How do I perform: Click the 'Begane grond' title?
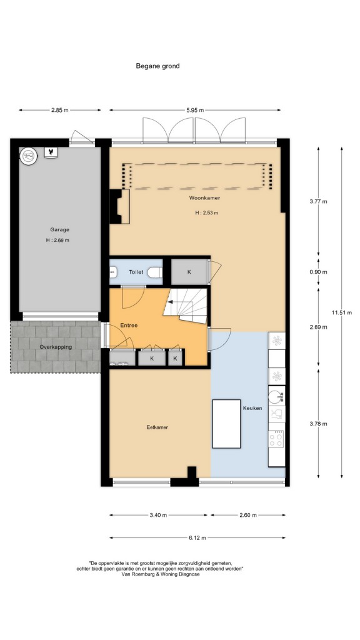[x=157, y=66]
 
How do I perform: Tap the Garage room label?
[x=59, y=230]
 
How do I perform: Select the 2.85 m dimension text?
[x=59, y=110]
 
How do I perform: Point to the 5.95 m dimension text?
[x=195, y=110]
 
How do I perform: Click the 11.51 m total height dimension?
[x=341, y=312]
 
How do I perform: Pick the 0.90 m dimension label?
[x=318, y=272]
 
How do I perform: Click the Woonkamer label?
[x=204, y=198]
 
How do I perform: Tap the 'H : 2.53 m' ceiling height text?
[x=206, y=212]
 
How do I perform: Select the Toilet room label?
[x=136, y=272]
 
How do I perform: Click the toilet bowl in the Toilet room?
[x=155, y=272]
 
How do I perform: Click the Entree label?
[x=129, y=326]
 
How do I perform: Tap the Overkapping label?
[x=56, y=347]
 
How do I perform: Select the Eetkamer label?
[x=157, y=427]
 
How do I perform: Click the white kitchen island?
[x=226, y=424]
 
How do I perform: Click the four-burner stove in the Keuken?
[x=276, y=439]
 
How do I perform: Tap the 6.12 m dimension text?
[x=197, y=538]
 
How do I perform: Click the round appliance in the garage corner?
[x=29, y=156]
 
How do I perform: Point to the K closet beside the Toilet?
[x=189, y=272]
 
